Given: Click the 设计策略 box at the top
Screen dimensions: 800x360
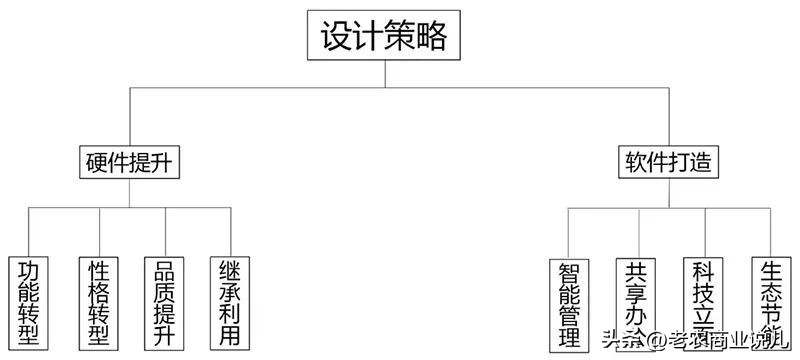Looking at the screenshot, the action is [385, 38].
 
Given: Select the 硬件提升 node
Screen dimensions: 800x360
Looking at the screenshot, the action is [129, 162].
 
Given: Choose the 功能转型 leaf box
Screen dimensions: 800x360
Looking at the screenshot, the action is [28, 303].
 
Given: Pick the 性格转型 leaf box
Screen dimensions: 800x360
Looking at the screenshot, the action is [98, 303].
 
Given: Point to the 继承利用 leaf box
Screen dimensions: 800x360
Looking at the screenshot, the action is [231, 303].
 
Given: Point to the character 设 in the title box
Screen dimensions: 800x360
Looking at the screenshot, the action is [336, 38].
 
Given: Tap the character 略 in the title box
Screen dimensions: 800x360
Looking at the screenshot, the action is [433, 38].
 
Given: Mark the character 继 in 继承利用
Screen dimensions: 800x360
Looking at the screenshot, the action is [231, 270].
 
